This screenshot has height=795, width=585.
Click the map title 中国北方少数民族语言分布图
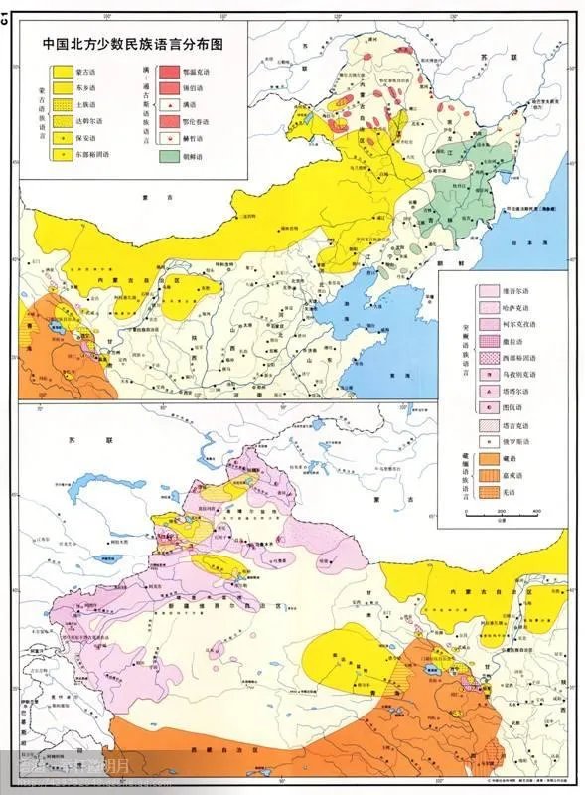point(131,45)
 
